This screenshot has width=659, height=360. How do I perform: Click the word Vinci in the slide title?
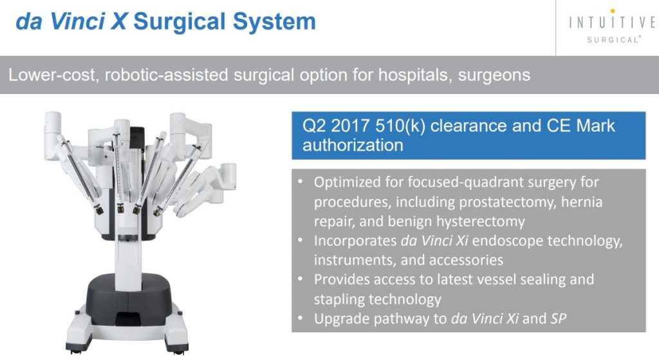77,21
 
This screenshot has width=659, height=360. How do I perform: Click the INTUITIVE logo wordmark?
612,23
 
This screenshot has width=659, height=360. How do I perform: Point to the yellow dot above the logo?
613,11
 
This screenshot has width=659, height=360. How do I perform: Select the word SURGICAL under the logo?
613,39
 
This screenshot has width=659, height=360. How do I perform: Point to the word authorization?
353,145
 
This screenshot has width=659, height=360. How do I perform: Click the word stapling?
339,299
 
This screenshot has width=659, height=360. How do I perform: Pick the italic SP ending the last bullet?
559,318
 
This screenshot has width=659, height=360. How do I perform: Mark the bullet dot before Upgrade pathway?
300,318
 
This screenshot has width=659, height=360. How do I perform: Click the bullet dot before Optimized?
300,182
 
